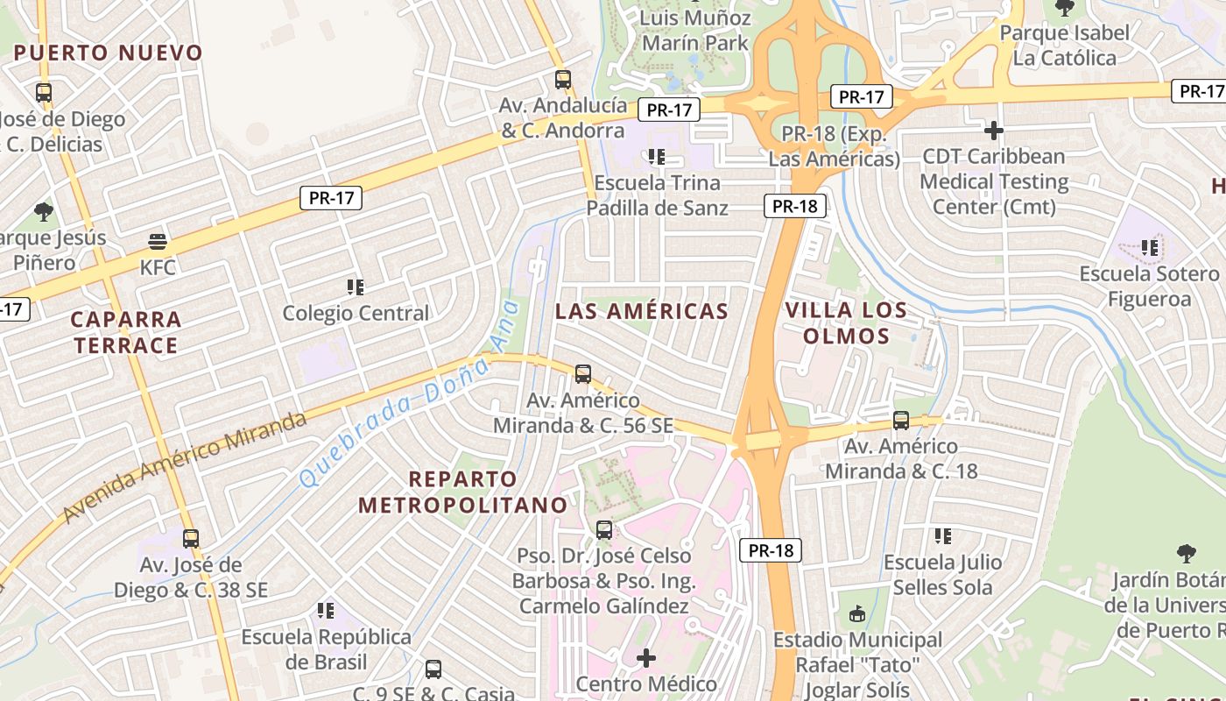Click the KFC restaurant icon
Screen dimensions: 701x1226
click(x=158, y=241)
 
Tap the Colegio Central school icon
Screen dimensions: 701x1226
click(x=355, y=287)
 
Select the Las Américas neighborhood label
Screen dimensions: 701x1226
click(x=642, y=311)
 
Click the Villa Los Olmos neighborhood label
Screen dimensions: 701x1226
click(x=846, y=322)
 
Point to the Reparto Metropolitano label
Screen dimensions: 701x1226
click(x=463, y=492)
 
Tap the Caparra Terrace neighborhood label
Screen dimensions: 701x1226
click(x=126, y=332)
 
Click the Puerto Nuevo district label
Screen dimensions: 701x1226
click(x=109, y=53)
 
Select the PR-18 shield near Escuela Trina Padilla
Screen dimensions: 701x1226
click(x=795, y=206)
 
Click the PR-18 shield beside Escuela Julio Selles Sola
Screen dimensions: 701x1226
click(x=771, y=550)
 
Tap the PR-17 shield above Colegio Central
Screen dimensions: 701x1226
click(x=331, y=198)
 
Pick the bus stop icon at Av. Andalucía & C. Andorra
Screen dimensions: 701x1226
click(x=563, y=80)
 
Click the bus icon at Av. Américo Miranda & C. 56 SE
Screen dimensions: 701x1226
click(x=583, y=374)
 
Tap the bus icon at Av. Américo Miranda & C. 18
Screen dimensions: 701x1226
click(x=901, y=421)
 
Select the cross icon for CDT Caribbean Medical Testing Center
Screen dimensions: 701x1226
click(x=993, y=131)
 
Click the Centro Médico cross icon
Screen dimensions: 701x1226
click(x=646, y=657)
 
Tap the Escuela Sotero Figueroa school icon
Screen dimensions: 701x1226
click(x=1150, y=248)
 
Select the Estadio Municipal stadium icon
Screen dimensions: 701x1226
click(x=857, y=614)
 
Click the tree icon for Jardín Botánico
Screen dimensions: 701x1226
click(x=1187, y=554)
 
